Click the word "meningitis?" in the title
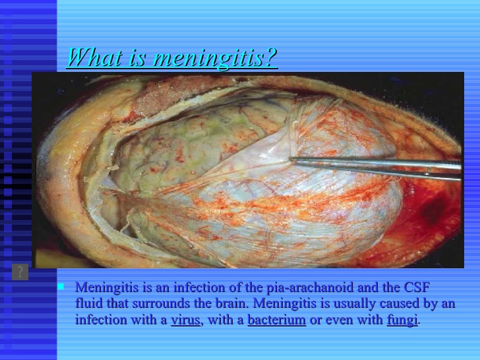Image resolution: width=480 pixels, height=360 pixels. click(x=215, y=57)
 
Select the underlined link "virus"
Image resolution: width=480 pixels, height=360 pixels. click(x=185, y=320)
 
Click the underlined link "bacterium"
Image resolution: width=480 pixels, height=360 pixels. click(x=276, y=320)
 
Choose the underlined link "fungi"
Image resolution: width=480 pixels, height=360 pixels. click(x=402, y=320)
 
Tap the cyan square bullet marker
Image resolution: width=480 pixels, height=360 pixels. click(x=61, y=287)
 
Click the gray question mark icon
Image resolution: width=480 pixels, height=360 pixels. click(x=20, y=272)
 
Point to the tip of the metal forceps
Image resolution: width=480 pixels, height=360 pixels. click(x=290, y=159)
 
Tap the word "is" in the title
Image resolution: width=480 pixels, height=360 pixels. click(x=136, y=57)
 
